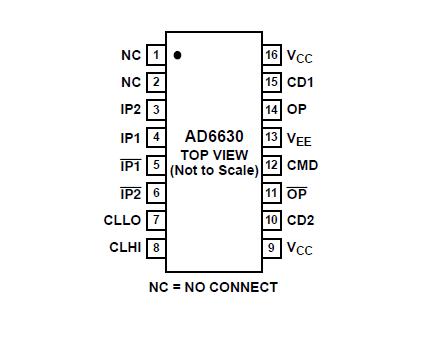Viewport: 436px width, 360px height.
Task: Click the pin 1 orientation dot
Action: [x=177, y=56]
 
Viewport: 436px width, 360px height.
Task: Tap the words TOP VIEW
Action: [x=214, y=155]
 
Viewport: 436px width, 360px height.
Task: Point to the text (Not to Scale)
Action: [x=214, y=170]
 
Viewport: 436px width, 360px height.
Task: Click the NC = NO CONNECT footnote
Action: [x=213, y=287]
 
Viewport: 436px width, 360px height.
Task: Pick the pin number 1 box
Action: [x=156, y=54]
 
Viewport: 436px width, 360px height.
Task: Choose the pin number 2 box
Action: [x=156, y=82]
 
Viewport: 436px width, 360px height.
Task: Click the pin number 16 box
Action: [x=271, y=54]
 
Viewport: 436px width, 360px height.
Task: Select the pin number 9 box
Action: [x=271, y=247]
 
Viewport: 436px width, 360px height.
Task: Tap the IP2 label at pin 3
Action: [x=130, y=110]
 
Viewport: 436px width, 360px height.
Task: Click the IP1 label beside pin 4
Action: [x=130, y=137]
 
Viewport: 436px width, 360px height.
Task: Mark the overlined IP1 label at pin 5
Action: [x=130, y=165]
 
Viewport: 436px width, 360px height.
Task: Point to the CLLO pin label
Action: [x=123, y=220]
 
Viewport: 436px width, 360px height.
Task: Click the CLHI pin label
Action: [x=124, y=247]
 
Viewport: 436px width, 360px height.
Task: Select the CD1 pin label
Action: [x=300, y=82]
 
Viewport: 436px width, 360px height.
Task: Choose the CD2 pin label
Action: [x=300, y=220]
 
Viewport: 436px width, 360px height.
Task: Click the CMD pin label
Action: [x=302, y=165]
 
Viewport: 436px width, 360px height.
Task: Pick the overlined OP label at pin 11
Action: [x=297, y=192]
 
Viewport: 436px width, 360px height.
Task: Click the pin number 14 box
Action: [x=271, y=110]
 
